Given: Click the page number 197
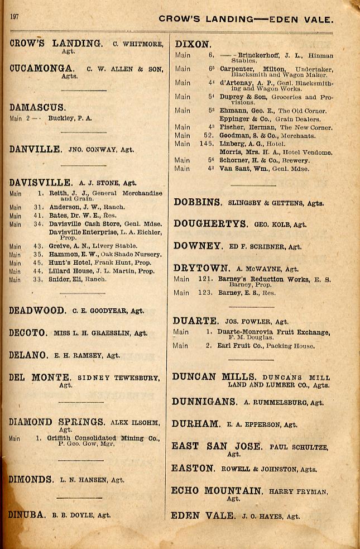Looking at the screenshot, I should click(x=14, y=16).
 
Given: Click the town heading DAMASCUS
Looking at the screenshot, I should click(x=37, y=108).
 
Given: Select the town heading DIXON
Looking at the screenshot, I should click(x=193, y=44).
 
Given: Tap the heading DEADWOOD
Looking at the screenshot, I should click(x=37, y=311).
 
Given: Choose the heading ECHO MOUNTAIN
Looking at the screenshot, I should click(x=217, y=491).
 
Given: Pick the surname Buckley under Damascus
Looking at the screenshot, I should click(x=62, y=118).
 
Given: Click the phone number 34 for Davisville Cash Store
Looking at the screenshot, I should click(x=38, y=224).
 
